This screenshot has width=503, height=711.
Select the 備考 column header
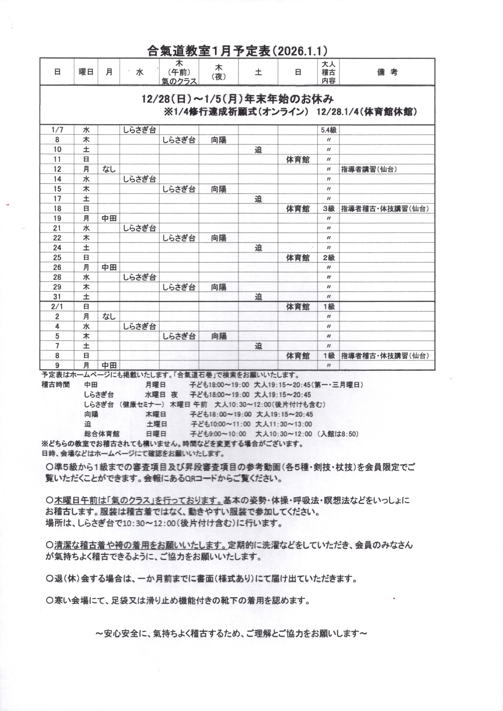[x=387, y=72]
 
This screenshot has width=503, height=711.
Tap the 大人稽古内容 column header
[x=328, y=72]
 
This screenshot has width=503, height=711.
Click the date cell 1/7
[x=57, y=130]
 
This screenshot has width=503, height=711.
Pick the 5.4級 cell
[x=328, y=130]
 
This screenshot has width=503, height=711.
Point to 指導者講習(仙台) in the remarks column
[x=369, y=169]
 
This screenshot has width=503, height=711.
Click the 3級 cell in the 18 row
[x=329, y=209]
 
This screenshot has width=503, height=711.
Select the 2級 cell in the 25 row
[x=329, y=258]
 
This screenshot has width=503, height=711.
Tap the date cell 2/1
[x=57, y=307]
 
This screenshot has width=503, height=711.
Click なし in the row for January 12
[x=109, y=169]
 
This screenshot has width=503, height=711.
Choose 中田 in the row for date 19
[x=109, y=218]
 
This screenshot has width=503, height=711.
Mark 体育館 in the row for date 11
[x=298, y=160]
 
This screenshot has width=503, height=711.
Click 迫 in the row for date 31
[x=258, y=297]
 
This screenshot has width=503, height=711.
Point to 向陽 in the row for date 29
[x=219, y=287]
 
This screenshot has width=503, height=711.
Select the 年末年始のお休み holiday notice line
[x=237, y=99]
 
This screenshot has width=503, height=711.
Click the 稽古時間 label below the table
[x=55, y=385]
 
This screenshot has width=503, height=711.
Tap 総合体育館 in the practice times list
[x=102, y=434]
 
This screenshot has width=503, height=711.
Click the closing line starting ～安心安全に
[x=231, y=633]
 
